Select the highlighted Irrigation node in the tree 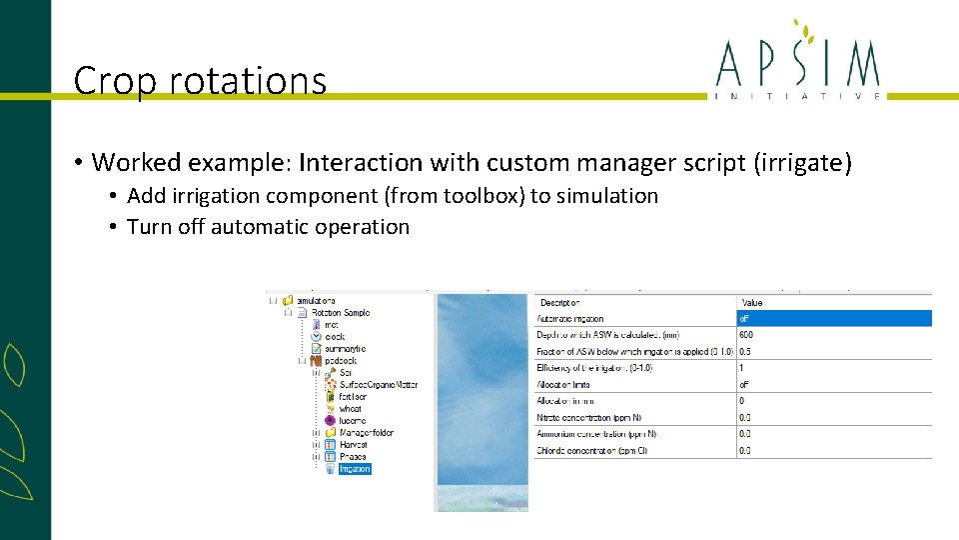[355, 469]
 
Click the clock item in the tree [335, 337]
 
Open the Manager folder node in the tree [366, 433]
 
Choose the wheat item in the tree [352, 409]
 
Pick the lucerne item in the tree [353, 421]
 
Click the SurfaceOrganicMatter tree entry [379, 385]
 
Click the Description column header [560, 302]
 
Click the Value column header [752, 302]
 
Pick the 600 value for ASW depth [746, 335]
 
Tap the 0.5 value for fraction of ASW [745, 351]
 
